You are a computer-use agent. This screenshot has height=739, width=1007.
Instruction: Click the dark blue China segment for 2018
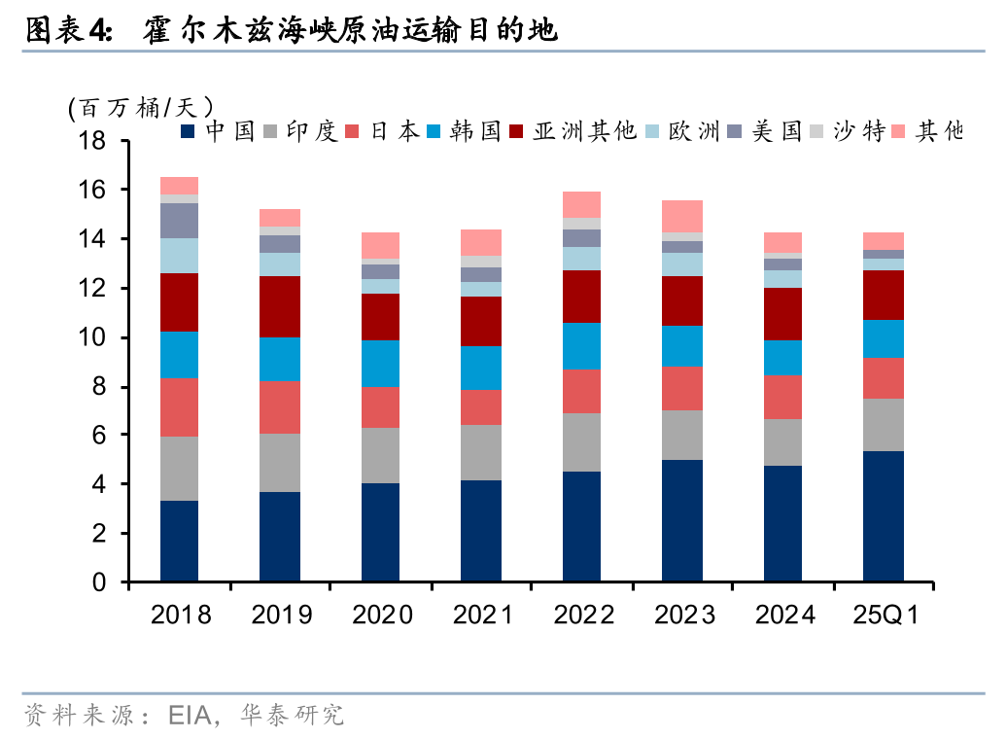pos(179,542)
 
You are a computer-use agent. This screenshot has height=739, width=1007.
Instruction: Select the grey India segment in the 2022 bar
pos(581,442)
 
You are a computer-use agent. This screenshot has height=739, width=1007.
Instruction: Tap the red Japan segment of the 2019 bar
pos(280,406)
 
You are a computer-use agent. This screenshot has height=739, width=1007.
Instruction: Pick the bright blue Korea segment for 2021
pos(481,368)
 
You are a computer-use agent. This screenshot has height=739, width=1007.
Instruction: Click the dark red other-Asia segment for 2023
pos(682,300)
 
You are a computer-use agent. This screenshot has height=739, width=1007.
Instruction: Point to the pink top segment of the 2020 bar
pos(380,245)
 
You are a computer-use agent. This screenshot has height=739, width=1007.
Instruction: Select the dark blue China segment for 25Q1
pos(884,516)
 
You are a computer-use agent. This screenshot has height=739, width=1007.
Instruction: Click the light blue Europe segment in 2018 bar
pos(179,256)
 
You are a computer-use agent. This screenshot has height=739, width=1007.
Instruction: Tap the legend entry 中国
pos(220,130)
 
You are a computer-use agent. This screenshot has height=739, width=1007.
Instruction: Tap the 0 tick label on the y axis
pos(99,583)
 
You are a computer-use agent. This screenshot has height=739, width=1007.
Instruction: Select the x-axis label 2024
pos(783,615)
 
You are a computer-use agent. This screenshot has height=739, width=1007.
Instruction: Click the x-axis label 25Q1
pos(885,615)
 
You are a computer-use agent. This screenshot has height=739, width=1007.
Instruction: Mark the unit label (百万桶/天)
pos(140,106)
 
